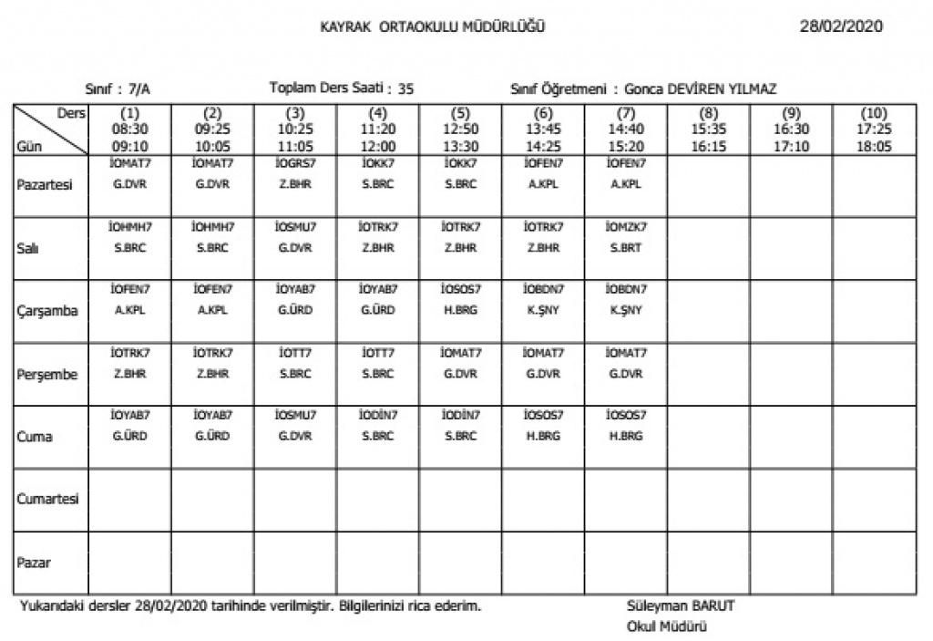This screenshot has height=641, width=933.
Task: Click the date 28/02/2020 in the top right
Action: (x=840, y=26)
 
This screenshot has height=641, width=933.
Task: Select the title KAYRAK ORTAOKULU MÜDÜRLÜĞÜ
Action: (x=433, y=26)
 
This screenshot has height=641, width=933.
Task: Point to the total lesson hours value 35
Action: (x=406, y=89)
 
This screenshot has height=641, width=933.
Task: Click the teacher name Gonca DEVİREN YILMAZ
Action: (x=701, y=89)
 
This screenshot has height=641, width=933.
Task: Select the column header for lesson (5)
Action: (x=460, y=129)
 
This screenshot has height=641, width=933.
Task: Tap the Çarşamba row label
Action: (x=47, y=310)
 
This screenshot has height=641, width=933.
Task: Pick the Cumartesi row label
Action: (x=47, y=500)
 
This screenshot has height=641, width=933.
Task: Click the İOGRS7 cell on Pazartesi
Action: (x=295, y=174)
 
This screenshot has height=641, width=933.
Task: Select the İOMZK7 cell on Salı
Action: (x=625, y=237)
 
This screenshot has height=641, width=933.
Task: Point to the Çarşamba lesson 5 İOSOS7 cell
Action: (x=460, y=300)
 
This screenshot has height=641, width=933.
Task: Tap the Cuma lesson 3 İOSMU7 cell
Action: (x=295, y=425)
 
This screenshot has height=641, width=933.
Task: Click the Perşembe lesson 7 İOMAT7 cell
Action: (x=625, y=363)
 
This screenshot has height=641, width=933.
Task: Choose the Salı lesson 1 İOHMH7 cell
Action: (x=130, y=237)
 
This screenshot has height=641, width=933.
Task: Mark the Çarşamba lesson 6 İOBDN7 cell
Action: (x=543, y=300)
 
